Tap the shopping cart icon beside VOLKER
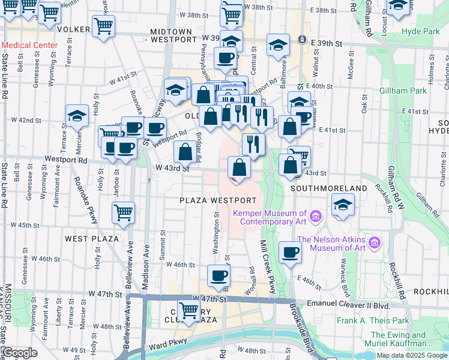point(104,26)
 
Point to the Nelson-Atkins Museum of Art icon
point(375,242)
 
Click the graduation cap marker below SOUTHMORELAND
point(342,205)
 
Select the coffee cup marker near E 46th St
point(290,253)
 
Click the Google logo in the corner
point(19,353)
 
